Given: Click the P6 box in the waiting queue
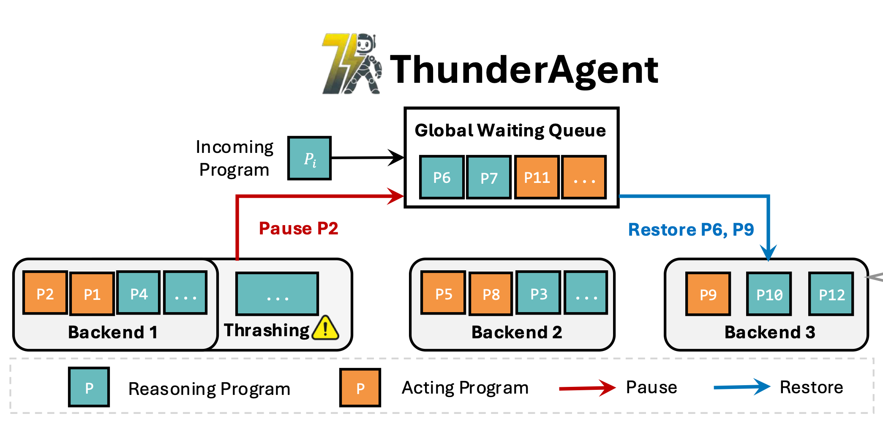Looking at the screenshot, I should pyautogui.click(x=442, y=177).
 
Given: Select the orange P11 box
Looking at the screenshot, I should pyautogui.click(x=537, y=177).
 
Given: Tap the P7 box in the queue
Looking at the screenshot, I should pyautogui.click(x=489, y=177).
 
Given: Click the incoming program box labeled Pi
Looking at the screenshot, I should pyautogui.click(x=309, y=158).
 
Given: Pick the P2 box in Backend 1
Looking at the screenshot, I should pyautogui.click(x=45, y=293).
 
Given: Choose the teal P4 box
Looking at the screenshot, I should pyautogui.click(x=139, y=293).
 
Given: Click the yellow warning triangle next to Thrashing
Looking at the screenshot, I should pyautogui.click(x=325, y=329).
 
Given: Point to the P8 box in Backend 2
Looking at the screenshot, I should pyautogui.click(x=491, y=294).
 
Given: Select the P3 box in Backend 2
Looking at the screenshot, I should pyautogui.click(x=539, y=293).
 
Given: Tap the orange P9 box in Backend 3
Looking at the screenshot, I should pyautogui.click(x=708, y=294).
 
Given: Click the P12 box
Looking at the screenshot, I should pyautogui.click(x=831, y=294).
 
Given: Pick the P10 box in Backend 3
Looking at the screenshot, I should pyautogui.click(x=769, y=294).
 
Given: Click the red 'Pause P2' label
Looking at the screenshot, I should pyautogui.click(x=298, y=228).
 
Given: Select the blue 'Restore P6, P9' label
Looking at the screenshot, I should pyautogui.click(x=691, y=230).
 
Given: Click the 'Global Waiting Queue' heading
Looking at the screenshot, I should pyautogui.click(x=510, y=131).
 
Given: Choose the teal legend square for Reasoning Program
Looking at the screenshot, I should pyautogui.click(x=89, y=387).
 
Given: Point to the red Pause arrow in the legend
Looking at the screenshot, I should pyautogui.click(x=587, y=388).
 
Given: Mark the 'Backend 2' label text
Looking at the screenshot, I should pyautogui.click(x=516, y=332).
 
